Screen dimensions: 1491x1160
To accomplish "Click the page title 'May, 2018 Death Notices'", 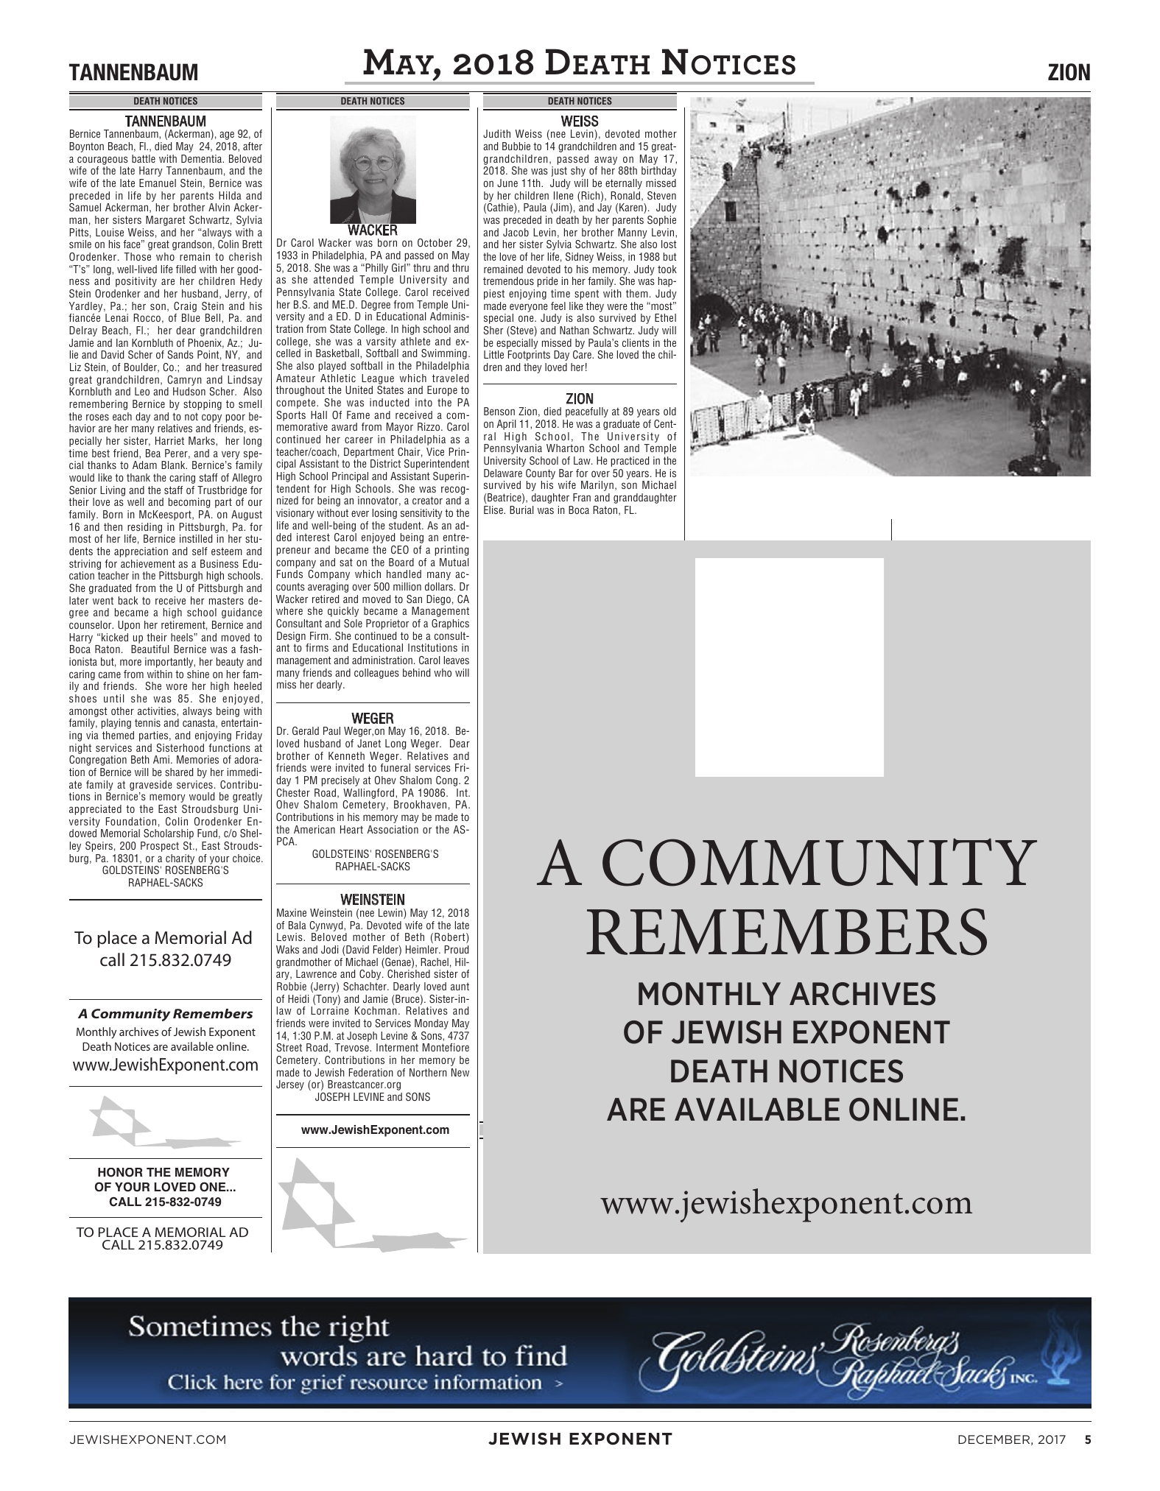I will coord(580,64).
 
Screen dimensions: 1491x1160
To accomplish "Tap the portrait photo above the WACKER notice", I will coord(373,168).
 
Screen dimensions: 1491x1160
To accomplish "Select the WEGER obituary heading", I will coord(372,718).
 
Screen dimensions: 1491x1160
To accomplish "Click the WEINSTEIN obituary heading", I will coord(372,900).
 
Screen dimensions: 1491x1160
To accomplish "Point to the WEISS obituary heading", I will coord(580,121).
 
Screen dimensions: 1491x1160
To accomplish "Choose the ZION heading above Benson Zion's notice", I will coord(580,399).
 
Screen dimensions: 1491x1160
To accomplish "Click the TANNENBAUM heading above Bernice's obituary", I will coord(165,121).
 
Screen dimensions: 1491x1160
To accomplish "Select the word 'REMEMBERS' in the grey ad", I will coord(787,931).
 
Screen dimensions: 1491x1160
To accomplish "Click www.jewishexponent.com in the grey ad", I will coord(787,1202).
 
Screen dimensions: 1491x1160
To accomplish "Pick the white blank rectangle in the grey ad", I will coord(789,667).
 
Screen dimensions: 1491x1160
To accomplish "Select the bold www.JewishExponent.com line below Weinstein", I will coord(375,1130).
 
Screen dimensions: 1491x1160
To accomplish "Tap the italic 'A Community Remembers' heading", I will coord(165,1014).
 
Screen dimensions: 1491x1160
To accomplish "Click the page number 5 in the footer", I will coord(1088,1439).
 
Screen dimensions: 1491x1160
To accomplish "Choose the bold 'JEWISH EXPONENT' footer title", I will coord(580,1439).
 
